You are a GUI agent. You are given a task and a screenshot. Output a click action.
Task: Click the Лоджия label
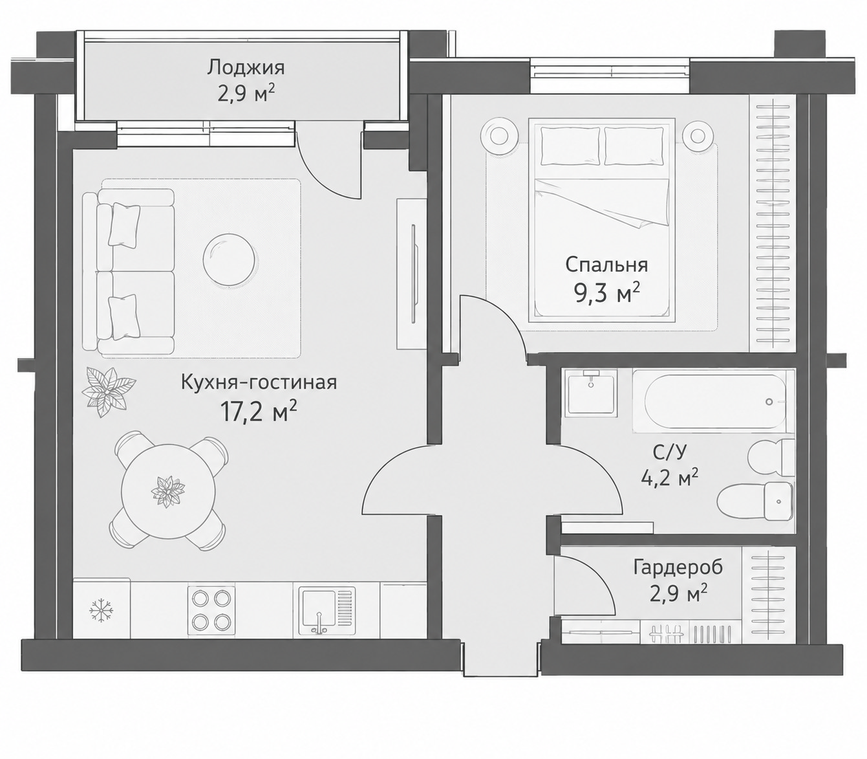coord(245,68)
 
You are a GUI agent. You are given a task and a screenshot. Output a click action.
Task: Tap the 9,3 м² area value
coord(606,294)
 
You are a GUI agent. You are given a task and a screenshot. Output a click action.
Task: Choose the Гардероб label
coord(678,567)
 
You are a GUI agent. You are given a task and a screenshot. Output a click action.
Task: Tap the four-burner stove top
coord(211,610)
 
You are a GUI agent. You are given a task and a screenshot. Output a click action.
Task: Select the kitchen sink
coord(327,610)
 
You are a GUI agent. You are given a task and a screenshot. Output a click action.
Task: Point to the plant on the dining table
coord(168,492)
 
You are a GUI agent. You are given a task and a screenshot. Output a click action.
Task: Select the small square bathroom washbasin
coord(590,394)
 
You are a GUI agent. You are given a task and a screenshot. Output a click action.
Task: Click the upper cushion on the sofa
coord(125,225)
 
